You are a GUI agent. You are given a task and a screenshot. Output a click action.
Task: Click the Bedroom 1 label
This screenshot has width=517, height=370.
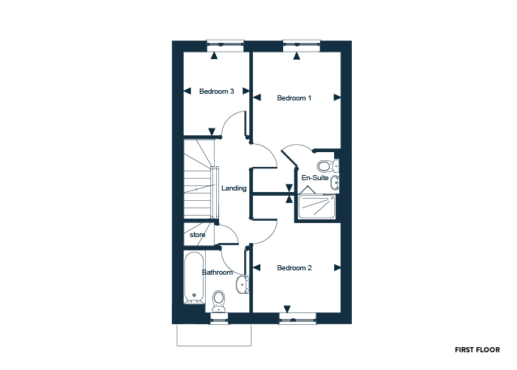pyautogui.click(x=294, y=98)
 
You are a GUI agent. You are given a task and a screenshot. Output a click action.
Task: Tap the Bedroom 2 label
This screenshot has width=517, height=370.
pyautogui.click(x=294, y=268)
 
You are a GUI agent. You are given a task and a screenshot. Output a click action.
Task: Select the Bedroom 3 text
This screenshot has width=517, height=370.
pyautogui.click(x=217, y=92)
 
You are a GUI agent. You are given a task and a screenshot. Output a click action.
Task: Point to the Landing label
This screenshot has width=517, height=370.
pyautogui.click(x=234, y=188)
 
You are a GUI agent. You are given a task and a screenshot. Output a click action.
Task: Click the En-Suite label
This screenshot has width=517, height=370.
pyautogui.click(x=315, y=178)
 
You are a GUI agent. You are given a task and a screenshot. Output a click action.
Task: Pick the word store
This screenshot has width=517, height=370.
pyautogui.click(x=198, y=235)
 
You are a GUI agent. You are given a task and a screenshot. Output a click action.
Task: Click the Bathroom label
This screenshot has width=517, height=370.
pyautogui.click(x=218, y=273)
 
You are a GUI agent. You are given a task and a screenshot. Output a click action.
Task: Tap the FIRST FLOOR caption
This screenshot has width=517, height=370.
pyautogui.click(x=477, y=350)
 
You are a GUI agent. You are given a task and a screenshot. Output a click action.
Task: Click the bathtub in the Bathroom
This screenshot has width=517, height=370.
pyautogui.click(x=194, y=278)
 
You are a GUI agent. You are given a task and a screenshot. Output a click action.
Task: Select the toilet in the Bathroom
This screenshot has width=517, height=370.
pyautogui.click(x=218, y=301)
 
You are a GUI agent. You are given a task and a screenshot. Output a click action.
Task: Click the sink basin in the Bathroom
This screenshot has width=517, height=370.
pyautogui.click(x=243, y=284)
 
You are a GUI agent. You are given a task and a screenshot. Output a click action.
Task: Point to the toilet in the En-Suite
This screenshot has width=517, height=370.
pyautogui.click(x=328, y=165)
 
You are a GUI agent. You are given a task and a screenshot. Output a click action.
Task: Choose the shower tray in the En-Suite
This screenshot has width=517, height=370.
pyautogui.click(x=317, y=207)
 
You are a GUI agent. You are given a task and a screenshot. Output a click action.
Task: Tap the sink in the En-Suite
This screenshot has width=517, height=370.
pyautogui.click(x=335, y=183)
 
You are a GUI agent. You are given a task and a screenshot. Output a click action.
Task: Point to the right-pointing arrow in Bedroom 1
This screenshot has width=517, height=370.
pyautogui.click(x=337, y=97)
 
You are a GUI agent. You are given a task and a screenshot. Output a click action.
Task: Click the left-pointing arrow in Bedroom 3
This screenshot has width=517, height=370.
pyautogui.click(x=187, y=91)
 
